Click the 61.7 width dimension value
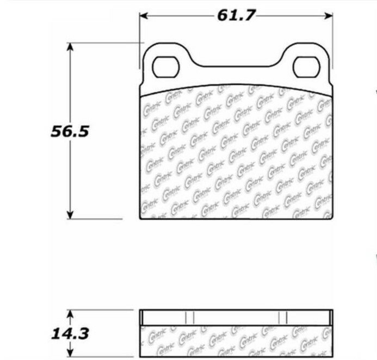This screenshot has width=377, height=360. coord(236,15)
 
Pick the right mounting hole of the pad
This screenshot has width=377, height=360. coord(304,67)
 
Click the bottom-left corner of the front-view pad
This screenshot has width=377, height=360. coord(141,219)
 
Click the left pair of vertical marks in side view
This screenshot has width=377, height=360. coord(189,317)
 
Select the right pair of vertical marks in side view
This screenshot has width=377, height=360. coord(282,317)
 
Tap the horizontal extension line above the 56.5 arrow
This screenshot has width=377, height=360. coord(103,43)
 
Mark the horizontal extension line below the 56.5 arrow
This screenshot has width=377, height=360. coord(103,220)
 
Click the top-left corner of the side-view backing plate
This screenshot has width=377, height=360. coord(141,311)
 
